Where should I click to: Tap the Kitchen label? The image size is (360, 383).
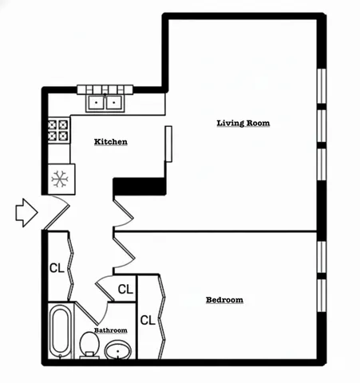(x=111, y=142)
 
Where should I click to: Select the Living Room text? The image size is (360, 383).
(x=243, y=123)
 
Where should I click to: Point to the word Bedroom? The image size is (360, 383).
(x=224, y=300)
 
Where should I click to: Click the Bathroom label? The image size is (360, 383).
(x=110, y=330)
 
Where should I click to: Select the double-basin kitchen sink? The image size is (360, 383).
(x=105, y=102)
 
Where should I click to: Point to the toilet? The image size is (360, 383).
(x=89, y=345)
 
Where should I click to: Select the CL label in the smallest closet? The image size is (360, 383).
(x=125, y=288)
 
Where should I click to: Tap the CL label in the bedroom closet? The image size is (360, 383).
(x=147, y=320)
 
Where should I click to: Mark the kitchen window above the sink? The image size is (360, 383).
(x=104, y=89)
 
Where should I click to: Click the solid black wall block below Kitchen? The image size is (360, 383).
(x=139, y=186)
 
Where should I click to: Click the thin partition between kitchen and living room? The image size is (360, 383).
(x=168, y=144)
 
